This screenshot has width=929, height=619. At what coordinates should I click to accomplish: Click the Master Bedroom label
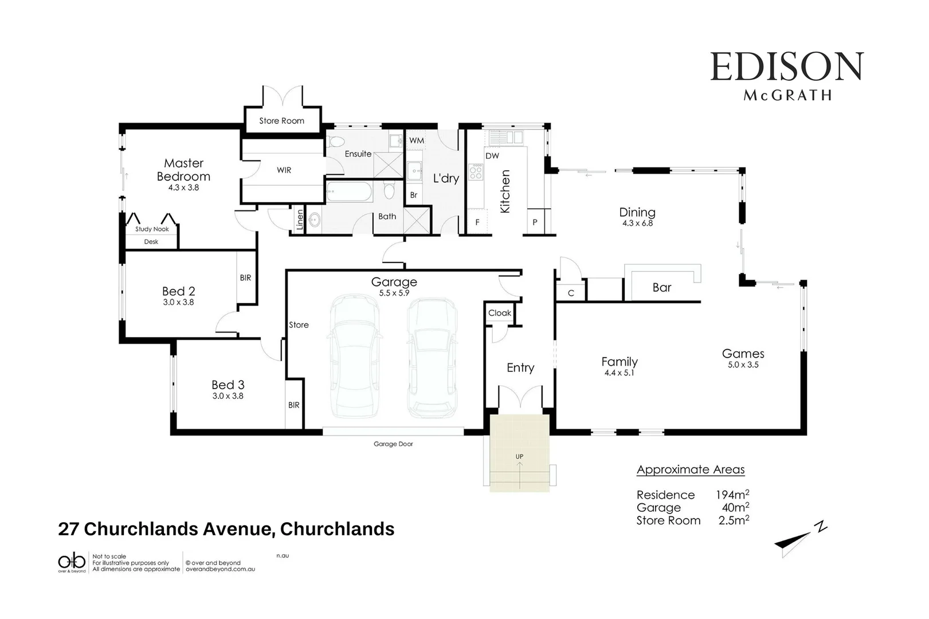(x=183, y=170)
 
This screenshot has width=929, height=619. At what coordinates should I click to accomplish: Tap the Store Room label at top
(x=281, y=121)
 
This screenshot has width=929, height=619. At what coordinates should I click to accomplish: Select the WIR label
(x=284, y=170)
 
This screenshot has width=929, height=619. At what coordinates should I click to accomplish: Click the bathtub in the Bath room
(x=349, y=191)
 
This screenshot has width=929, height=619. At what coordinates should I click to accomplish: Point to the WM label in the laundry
(x=417, y=140)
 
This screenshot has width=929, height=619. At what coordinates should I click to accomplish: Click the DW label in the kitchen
(x=492, y=155)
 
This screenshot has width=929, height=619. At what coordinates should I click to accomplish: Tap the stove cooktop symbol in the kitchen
(x=476, y=171)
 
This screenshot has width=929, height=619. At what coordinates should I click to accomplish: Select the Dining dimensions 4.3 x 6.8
(x=637, y=224)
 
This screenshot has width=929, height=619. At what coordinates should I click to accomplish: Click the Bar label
(x=661, y=288)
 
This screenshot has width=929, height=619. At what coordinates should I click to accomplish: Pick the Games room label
(x=743, y=354)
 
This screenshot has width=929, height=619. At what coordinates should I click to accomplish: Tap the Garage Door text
(x=393, y=444)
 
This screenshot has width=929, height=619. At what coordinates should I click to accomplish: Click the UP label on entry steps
(x=519, y=457)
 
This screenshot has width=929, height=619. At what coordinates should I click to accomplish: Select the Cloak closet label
(x=499, y=313)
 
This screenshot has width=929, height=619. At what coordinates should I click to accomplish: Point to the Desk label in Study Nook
(x=151, y=242)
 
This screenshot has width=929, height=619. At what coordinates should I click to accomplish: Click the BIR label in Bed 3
(x=294, y=405)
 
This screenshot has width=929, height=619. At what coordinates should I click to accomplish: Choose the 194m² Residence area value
(x=732, y=495)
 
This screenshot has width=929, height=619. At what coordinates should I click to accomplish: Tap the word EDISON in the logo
(x=786, y=67)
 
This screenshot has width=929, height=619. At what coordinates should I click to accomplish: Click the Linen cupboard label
(x=299, y=220)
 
